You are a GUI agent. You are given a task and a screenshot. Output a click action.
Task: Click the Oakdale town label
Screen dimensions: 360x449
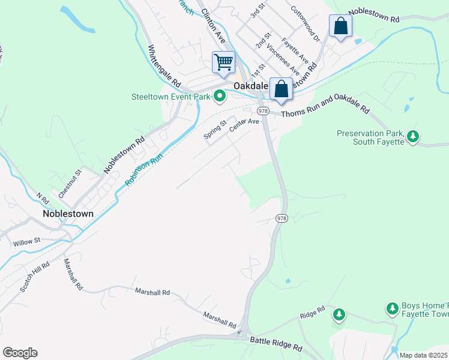click(x=250, y=86)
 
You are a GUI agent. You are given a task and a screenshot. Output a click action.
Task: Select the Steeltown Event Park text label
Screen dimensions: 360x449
click(x=171, y=96)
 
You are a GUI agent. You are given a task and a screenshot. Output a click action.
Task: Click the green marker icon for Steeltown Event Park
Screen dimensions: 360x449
click(x=220, y=95)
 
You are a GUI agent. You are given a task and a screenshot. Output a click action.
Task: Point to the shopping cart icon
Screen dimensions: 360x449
click(x=223, y=62)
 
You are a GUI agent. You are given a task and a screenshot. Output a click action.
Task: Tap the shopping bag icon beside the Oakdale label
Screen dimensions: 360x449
click(x=281, y=89)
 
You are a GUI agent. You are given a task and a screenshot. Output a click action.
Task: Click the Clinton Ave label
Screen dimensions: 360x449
click(x=213, y=25)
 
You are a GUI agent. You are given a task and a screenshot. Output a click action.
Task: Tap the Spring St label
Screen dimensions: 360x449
click(x=215, y=130)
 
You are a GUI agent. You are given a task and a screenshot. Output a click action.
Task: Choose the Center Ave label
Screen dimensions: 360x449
click(x=244, y=122)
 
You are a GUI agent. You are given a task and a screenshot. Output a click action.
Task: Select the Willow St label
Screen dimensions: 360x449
click(x=26, y=241)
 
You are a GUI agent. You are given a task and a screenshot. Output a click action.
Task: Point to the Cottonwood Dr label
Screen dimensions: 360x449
click(x=306, y=23)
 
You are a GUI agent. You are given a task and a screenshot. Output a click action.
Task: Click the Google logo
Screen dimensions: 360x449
click(x=20, y=352)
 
